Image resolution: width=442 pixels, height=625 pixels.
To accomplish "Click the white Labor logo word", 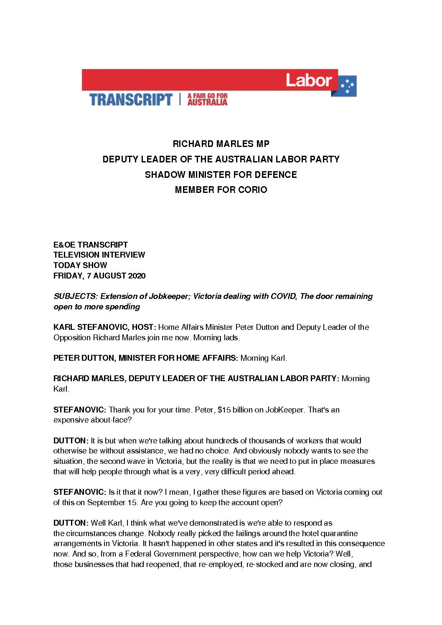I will tap(309, 80).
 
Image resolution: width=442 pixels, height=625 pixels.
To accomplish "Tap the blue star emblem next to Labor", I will tap(348, 87).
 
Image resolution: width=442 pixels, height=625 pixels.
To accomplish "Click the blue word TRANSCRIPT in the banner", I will tap(131, 100).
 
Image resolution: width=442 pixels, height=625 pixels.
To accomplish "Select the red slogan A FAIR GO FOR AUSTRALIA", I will tap(207, 99).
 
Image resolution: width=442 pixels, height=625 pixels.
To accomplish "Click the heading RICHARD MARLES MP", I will tap(221, 144).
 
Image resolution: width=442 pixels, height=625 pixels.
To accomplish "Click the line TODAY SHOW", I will tap(80, 265).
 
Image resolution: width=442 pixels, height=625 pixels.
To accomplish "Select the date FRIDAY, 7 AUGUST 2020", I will tap(99, 276).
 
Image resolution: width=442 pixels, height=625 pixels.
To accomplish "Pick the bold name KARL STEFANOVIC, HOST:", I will tap(105, 327).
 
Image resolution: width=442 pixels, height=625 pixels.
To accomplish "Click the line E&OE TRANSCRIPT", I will tap(91, 245).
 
